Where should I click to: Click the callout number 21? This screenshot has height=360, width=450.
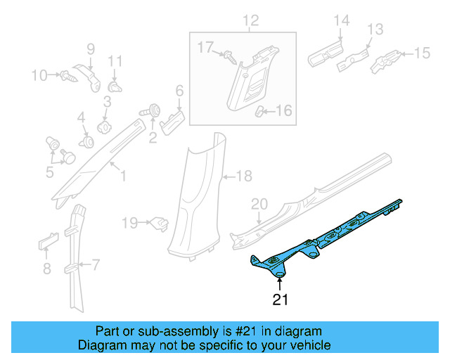(x=281, y=300)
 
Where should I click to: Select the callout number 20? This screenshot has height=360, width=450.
(x=259, y=204)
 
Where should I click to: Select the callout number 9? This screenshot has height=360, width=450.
(x=90, y=49)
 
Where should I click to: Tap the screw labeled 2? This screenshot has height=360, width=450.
(x=151, y=111)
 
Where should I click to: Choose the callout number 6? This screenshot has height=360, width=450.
(x=179, y=91)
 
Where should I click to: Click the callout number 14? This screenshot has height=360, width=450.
(x=340, y=21)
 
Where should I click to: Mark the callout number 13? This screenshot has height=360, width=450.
(x=375, y=30)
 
